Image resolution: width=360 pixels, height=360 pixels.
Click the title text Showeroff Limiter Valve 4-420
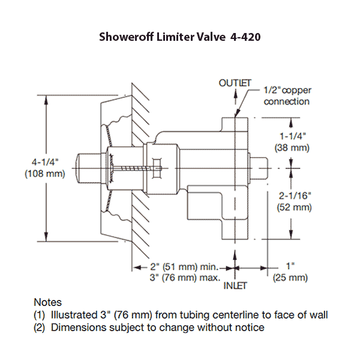click(x=179, y=37)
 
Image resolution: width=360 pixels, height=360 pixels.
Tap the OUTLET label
click(x=235, y=83)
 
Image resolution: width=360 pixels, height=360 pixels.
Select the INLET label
click(x=235, y=286)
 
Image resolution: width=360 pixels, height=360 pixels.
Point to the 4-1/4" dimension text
click(x=44, y=162)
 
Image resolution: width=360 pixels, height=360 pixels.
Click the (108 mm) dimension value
click(x=44, y=174)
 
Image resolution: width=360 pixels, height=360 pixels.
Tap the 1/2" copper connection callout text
click(x=288, y=95)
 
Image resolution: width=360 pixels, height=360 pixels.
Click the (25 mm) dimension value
click(x=290, y=278)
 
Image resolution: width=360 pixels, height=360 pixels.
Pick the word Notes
click(x=47, y=302)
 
